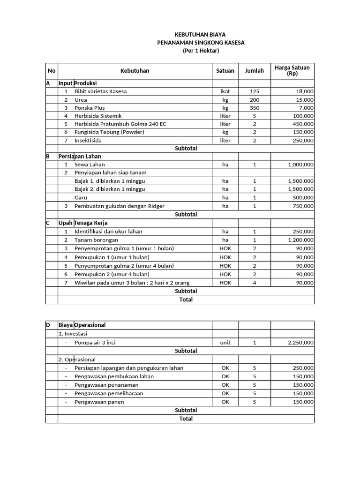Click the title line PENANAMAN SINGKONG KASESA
(201, 43)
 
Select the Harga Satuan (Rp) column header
(292, 71)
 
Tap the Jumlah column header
(254, 71)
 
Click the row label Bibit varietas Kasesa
(100, 91)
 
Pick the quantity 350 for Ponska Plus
(254, 108)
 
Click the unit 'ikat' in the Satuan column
(225, 91)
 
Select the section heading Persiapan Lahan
(80, 156)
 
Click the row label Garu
(80, 198)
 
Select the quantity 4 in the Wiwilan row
(254, 283)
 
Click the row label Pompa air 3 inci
(95, 343)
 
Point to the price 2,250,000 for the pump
(298, 343)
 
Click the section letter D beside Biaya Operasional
(48, 325)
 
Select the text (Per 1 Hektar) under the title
(201, 51)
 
